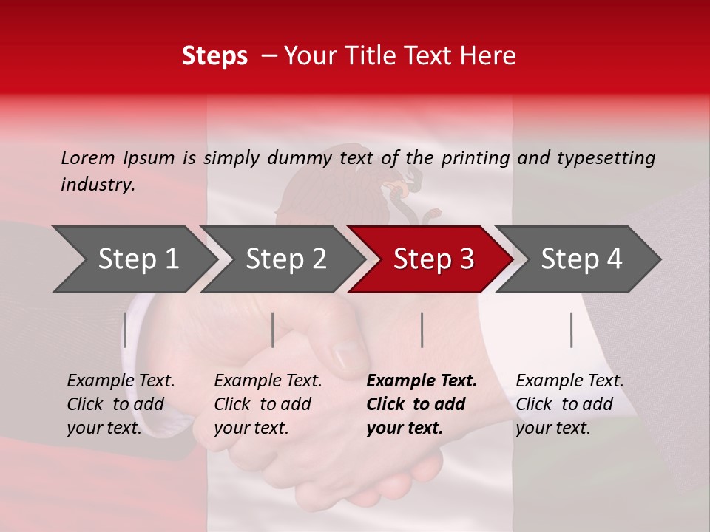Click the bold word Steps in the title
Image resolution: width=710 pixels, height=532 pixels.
[214, 56]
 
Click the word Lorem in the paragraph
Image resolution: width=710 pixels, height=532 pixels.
[87, 158]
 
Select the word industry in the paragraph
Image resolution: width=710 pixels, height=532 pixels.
[97, 185]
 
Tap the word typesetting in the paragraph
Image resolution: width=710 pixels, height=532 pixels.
[606, 158]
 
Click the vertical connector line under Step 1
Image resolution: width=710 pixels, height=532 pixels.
[125, 330]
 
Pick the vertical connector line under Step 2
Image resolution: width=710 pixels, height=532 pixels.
[273, 330]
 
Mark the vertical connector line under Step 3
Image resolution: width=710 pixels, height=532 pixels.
[422, 330]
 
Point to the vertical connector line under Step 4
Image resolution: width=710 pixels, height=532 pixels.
[571, 330]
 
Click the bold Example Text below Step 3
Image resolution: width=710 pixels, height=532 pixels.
[422, 381]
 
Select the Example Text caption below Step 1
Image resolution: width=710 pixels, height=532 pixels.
[121, 381]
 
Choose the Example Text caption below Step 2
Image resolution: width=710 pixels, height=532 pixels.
[268, 381]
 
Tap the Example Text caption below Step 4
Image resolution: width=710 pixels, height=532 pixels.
[569, 381]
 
